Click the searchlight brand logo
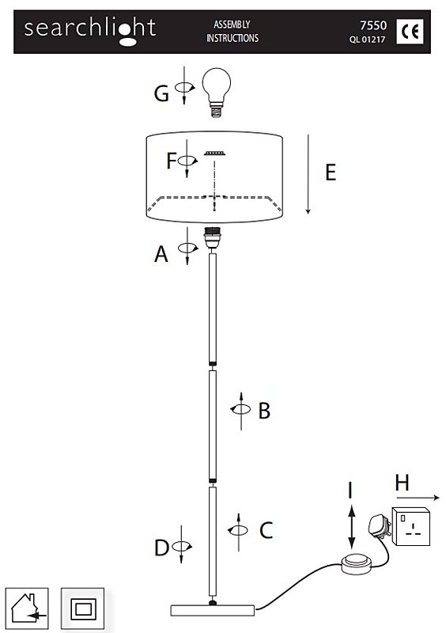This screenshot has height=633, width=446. coord(90,31)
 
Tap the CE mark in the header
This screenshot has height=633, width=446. coord(410,32)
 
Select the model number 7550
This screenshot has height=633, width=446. coord(373,25)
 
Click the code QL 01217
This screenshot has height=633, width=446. coord(367,40)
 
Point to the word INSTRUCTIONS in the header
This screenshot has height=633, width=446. coord(232,38)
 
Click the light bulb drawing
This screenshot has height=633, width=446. coord(217,92)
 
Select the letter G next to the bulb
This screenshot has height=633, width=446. coord(161,93)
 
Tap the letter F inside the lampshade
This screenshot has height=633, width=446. coord(171,161)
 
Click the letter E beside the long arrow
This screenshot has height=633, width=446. coord(331,172)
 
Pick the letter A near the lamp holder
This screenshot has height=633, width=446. coord(161,254)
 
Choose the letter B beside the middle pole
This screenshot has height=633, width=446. coord(264,411)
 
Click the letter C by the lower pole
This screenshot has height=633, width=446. coord(266,530)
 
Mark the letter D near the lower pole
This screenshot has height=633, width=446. coord(161,548)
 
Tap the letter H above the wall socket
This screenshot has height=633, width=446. coord(402,483)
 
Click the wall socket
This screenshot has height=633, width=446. coord(411,527)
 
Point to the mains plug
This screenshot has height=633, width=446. coord(380,526)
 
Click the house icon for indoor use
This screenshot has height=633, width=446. coord(27,608)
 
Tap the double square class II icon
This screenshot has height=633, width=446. coord(83,608)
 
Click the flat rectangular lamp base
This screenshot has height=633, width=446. coord(213,610)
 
